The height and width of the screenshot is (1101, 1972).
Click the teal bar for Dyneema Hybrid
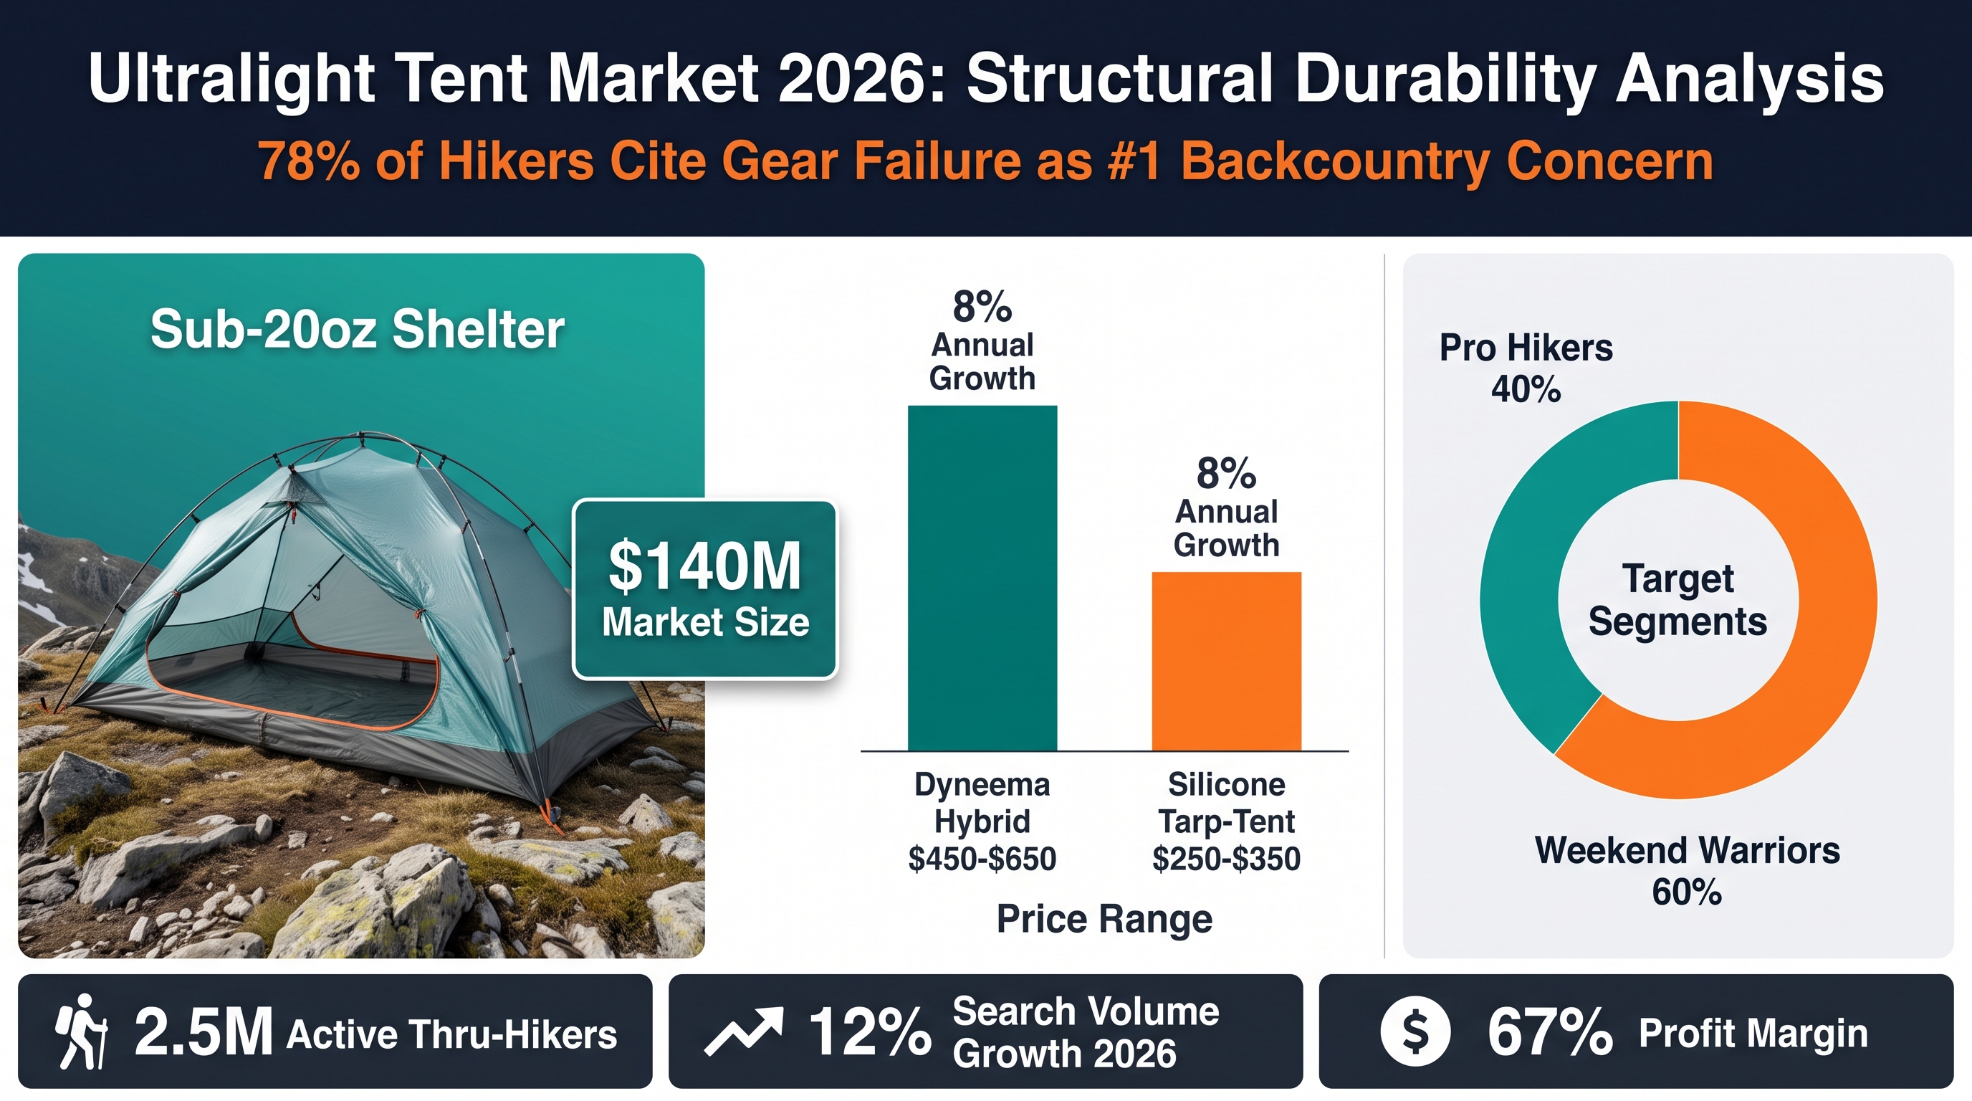[982, 578]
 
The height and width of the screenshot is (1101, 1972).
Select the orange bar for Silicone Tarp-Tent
[1226, 662]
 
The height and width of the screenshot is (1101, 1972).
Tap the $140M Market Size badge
[705, 589]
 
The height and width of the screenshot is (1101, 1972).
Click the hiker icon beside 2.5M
[80, 1031]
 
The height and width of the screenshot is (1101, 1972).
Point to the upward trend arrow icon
[743, 1031]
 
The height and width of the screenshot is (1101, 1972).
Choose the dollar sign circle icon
[1415, 1031]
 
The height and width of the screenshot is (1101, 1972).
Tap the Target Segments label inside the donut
[1678, 599]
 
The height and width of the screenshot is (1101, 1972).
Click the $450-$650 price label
[982, 858]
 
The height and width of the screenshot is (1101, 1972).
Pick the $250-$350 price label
[1226, 858]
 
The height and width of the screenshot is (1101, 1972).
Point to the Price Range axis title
[1104, 919]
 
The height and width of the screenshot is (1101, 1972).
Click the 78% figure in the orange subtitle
[309, 161]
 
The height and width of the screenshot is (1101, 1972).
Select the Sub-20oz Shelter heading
[358, 329]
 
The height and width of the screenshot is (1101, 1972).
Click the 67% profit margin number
[1550, 1032]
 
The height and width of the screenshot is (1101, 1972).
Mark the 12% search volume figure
[871, 1032]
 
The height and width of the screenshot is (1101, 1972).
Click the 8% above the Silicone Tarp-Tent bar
[1226, 473]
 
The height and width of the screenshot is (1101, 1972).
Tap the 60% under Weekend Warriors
[1688, 892]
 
